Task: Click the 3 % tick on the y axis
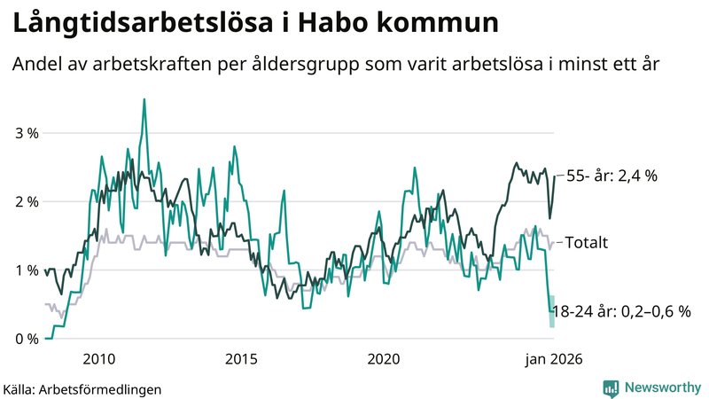27,133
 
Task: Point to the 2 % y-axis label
27,201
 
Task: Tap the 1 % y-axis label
27,270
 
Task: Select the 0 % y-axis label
27,339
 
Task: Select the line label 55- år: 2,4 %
611,176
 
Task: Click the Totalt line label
586,242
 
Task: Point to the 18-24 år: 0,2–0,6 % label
620,311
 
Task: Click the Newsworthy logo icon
611,387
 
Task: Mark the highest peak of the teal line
144,99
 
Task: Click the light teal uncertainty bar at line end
551,311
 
